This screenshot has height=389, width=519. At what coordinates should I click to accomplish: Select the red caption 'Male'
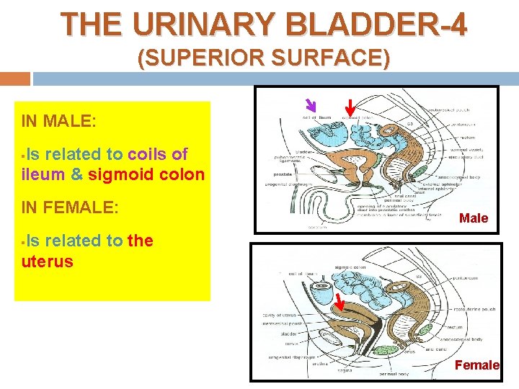click(474, 218)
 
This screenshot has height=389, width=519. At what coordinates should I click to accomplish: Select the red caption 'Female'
click(476, 365)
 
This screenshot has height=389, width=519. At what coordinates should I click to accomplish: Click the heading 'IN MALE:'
click(58, 121)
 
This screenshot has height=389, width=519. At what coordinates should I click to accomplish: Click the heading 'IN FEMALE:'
click(70, 208)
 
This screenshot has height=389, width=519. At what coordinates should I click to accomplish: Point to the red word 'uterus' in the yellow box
click(48, 261)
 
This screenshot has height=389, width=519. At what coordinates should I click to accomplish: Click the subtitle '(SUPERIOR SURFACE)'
click(264, 58)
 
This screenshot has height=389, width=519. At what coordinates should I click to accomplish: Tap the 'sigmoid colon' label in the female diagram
click(350, 267)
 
